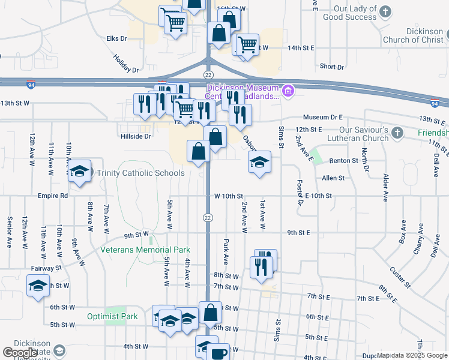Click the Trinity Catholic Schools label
click(x=141, y=173)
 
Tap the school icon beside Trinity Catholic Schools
click(x=79, y=172)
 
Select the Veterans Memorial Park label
click(x=145, y=250)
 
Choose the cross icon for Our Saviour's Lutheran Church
click(x=397, y=131)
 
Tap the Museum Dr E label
click(x=323, y=117)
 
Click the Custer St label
click(x=399, y=277)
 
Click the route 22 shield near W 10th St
click(x=208, y=217)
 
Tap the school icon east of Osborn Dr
click(x=259, y=161)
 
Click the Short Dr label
click(x=332, y=67)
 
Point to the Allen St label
click(x=333, y=178)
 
